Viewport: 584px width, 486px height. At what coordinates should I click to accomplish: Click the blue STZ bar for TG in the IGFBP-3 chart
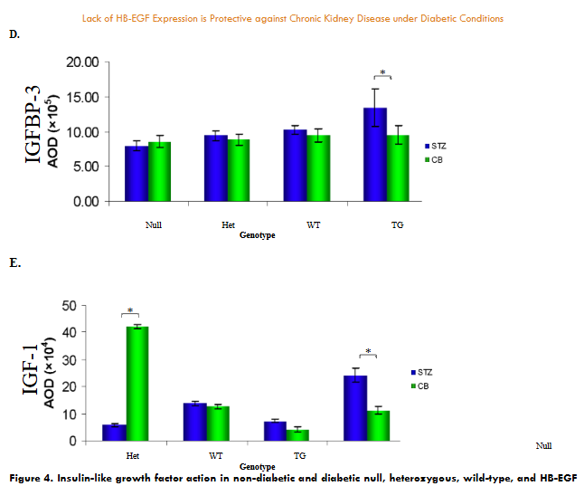click(375, 155)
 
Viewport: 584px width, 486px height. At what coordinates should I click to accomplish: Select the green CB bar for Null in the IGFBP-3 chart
click(159, 171)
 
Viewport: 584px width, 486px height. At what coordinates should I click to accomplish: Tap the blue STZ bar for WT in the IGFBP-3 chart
click(295, 165)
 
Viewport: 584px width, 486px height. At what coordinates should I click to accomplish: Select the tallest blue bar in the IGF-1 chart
click(354, 408)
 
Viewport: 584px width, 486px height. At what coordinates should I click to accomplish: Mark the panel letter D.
click(14, 33)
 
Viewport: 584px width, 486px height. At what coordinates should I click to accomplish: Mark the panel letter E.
click(13, 262)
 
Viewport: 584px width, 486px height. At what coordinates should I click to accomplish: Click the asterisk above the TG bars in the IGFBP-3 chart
click(382, 72)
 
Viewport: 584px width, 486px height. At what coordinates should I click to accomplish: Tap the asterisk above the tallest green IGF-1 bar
click(129, 310)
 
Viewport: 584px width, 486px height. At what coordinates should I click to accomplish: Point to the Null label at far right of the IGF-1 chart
click(542, 445)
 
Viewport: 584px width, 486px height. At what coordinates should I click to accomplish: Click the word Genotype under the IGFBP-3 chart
click(257, 234)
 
